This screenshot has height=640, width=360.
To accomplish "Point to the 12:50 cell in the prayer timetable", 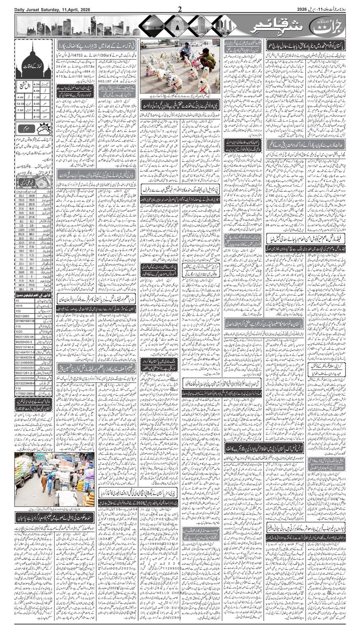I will (20, 104).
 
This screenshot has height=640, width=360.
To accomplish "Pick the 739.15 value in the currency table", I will (22, 201).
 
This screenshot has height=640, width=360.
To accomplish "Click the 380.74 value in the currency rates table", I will (22, 285).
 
